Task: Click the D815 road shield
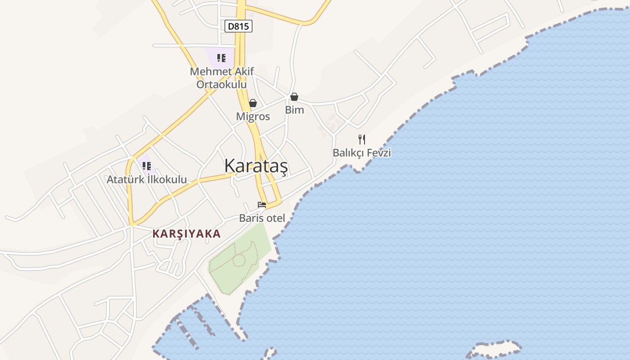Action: pyautogui.click(x=238, y=26)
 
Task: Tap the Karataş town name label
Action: pyautogui.click(x=256, y=166)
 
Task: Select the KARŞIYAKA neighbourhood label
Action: pyautogui.click(x=186, y=234)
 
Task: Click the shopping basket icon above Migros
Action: pyautogui.click(x=253, y=103)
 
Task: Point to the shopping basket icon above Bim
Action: pyautogui.click(x=294, y=97)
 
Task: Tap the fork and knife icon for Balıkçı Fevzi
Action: pyautogui.click(x=362, y=139)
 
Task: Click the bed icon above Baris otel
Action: pyautogui.click(x=262, y=205)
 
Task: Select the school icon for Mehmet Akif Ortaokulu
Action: pyautogui.click(x=221, y=58)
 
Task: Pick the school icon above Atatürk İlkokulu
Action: pyautogui.click(x=146, y=166)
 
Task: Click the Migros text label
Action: pyautogui.click(x=253, y=117)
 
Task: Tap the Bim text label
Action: pyautogui.click(x=294, y=110)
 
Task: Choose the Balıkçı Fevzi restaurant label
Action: pyautogui.click(x=362, y=153)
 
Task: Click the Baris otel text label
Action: pyautogui.click(x=262, y=218)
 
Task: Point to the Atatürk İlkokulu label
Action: pyautogui.click(x=147, y=180)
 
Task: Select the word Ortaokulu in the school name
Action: pyautogui.click(x=221, y=84)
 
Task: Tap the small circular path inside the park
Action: pyautogui.click(x=239, y=260)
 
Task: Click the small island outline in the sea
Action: pyautogui.click(x=495, y=349)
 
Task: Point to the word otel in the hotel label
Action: pyautogui.click(x=275, y=218)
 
